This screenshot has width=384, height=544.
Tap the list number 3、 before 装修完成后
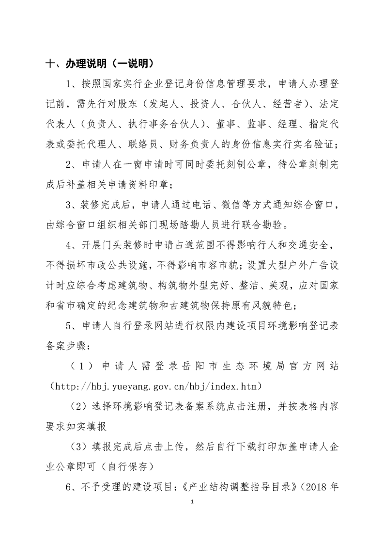tap(72, 205)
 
